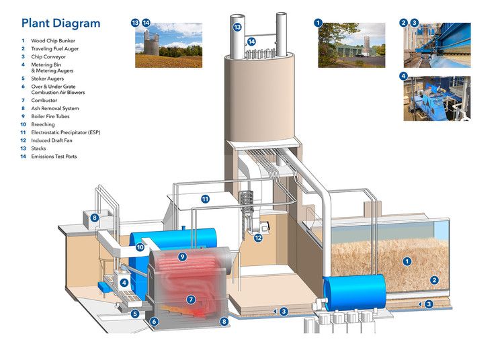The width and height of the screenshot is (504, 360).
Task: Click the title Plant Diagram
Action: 60,24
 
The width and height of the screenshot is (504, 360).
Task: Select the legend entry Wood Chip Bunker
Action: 55,40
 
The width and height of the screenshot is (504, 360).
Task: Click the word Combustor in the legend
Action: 46,100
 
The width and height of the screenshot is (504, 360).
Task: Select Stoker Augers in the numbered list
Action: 50,79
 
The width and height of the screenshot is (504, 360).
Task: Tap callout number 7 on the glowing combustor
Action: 191,299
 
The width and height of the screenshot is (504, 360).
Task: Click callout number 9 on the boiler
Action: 182,257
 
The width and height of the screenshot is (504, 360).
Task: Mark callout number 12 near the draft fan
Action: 258,236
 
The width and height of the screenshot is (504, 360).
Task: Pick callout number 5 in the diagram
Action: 134,313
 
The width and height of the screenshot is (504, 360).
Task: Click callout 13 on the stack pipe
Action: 237,28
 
